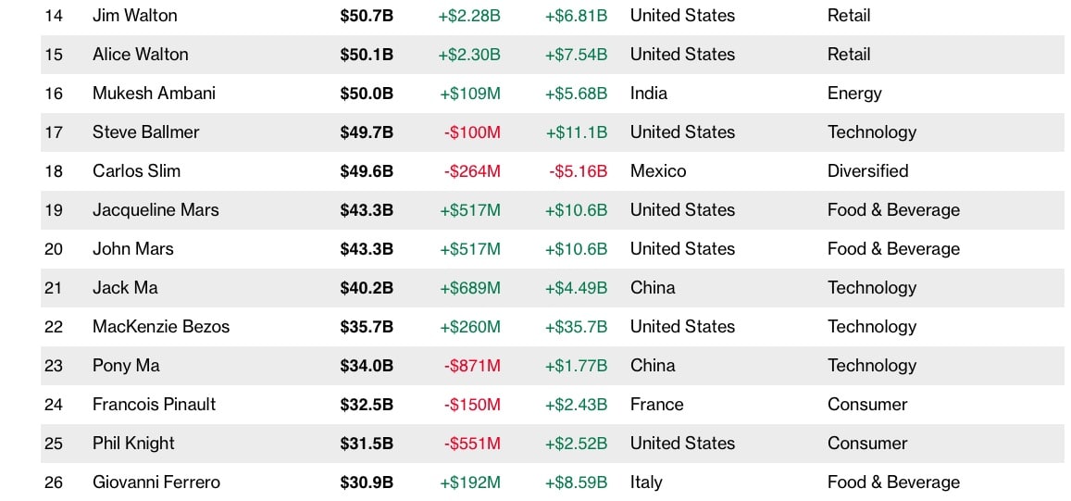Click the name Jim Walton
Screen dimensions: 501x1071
pyautogui.click(x=135, y=16)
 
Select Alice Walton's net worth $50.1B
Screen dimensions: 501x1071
pyautogui.click(x=367, y=55)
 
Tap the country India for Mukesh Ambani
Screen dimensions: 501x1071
pyautogui.click(x=649, y=94)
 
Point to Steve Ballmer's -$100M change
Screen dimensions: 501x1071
pyautogui.click(x=472, y=132)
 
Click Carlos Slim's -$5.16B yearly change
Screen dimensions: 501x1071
pyautogui.click(x=578, y=171)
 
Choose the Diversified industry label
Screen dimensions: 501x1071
pyautogui.click(x=868, y=171)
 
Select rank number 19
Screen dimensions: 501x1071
pyautogui.click(x=54, y=210)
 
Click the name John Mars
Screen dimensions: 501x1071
pyautogui.click(x=133, y=249)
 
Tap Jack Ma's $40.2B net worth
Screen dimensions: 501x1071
pyautogui.click(x=367, y=288)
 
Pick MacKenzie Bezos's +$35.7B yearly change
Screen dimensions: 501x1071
pyautogui.click(x=576, y=327)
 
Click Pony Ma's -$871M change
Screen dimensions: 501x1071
pyautogui.click(x=472, y=366)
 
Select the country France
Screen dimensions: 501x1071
pyautogui.click(x=657, y=405)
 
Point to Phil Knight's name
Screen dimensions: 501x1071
pyautogui.click(x=134, y=444)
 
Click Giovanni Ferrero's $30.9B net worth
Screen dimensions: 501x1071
pyautogui.click(x=367, y=482)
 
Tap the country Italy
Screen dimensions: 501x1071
pyautogui.click(x=646, y=482)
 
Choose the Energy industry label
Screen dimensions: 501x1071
pyautogui.click(x=854, y=94)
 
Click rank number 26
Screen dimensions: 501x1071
pyautogui.click(x=54, y=482)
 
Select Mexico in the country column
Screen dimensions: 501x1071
pyautogui.click(x=658, y=171)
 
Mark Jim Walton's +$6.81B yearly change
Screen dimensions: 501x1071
pyautogui.click(x=576, y=16)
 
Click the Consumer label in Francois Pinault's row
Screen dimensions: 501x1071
pyautogui.click(x=867, y=405)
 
